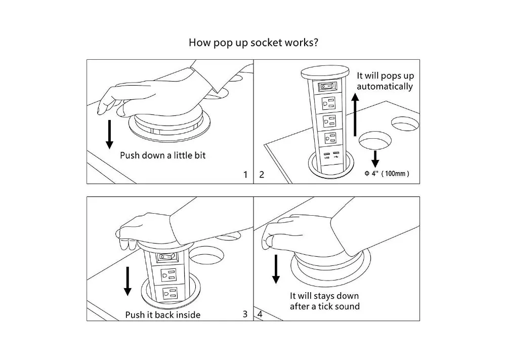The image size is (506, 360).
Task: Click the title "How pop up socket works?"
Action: pos(254,43)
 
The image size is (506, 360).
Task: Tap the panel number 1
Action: pos(245,175)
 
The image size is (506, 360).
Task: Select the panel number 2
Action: pos(262,175)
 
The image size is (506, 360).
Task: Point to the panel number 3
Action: pos(245,314)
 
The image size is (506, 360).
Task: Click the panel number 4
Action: pos(260,314)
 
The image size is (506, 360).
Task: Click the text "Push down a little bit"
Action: pos(162,155)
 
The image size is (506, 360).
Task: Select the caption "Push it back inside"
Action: pos(162,315)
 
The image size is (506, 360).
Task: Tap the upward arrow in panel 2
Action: pos(355,114)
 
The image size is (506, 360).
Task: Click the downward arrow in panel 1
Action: pos(110,134)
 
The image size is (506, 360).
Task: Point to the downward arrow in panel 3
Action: pos(128,281)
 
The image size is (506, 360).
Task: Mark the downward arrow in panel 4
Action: pos(276,269)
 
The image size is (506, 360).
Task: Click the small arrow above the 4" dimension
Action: pos(375,159)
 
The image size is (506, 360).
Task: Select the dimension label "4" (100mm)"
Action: pos(387,174)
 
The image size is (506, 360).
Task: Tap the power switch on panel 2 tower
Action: pos(328,87)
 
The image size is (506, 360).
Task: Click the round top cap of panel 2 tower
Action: pos(325,72)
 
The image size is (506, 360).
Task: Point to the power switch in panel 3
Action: pos(167,257)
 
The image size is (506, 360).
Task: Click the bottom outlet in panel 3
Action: pos(170,294)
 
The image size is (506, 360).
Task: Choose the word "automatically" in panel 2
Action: pos(385,87)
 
